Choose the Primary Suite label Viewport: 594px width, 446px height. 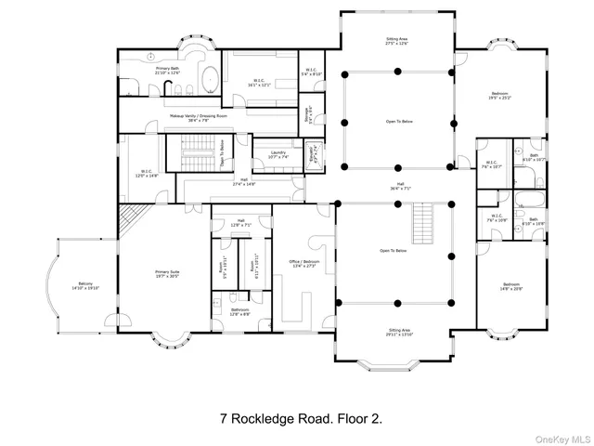pos(167,273)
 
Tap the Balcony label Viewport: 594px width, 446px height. pos(85,286)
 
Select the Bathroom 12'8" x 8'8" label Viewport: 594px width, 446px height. pos(239,311)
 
